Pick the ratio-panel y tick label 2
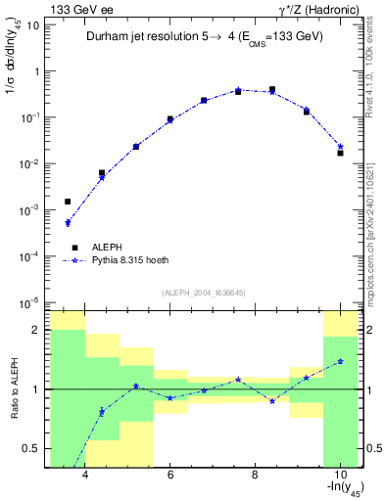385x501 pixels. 36,330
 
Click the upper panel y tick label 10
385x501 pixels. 32,24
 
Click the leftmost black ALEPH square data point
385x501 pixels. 68,202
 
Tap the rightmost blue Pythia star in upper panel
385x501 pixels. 340,147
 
